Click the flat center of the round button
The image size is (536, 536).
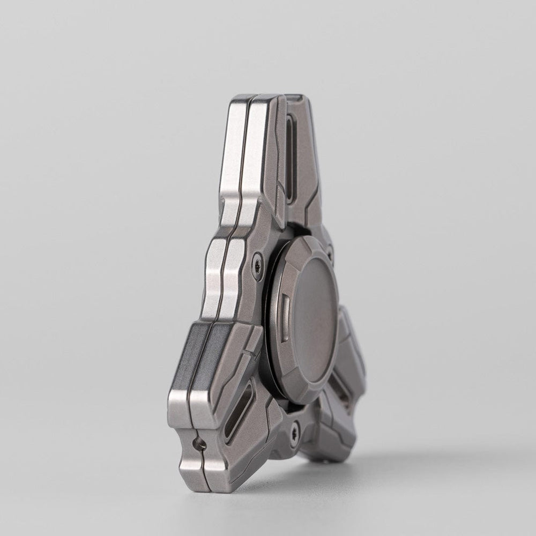tap(314, 316)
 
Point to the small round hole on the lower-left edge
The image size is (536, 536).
tap(199, 443)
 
